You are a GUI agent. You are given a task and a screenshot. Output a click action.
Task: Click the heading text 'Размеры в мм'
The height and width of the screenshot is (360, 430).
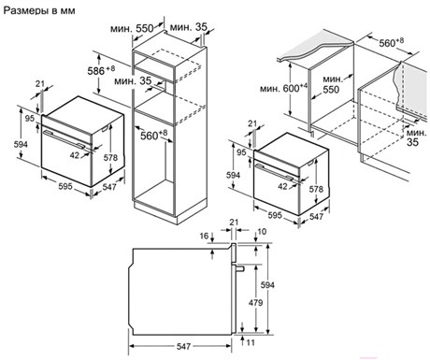39,10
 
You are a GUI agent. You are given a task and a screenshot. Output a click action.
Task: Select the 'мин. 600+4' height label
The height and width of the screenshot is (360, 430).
283,88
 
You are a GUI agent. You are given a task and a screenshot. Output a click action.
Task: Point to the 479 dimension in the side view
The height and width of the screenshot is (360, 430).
255,302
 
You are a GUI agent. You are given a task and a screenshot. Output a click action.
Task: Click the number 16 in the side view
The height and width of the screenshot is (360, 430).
204,236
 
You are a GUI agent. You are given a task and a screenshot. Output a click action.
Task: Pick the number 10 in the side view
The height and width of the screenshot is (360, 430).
263,232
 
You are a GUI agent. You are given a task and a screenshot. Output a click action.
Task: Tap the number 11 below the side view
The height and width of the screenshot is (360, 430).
251,342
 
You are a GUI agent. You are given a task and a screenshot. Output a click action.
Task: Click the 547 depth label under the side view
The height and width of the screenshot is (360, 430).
183,346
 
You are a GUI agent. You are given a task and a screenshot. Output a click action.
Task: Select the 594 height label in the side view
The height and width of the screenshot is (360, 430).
267,285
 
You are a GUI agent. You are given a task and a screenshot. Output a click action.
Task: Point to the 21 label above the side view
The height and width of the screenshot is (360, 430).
234,223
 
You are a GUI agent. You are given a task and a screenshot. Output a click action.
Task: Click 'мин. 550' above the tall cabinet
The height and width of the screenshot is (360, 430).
132,29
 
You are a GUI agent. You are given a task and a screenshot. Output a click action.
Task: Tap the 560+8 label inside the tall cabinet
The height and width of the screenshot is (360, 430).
153,135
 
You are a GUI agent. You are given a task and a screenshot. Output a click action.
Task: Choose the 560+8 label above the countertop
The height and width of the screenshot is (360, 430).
392,42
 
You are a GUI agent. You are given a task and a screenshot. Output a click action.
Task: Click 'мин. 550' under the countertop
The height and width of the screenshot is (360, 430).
333,84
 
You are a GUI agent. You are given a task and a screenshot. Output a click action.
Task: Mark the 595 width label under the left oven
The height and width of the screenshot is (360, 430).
65,186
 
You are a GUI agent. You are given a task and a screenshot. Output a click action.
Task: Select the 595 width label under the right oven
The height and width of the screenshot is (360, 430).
275,215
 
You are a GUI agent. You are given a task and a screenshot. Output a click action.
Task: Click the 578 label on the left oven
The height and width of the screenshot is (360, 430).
110,158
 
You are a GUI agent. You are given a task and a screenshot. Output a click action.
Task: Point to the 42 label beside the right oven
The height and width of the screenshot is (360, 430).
282,186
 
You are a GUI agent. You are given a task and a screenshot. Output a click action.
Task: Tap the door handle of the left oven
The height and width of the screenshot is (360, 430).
64,139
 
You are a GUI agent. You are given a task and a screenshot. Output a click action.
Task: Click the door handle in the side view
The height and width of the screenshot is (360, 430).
238,267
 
